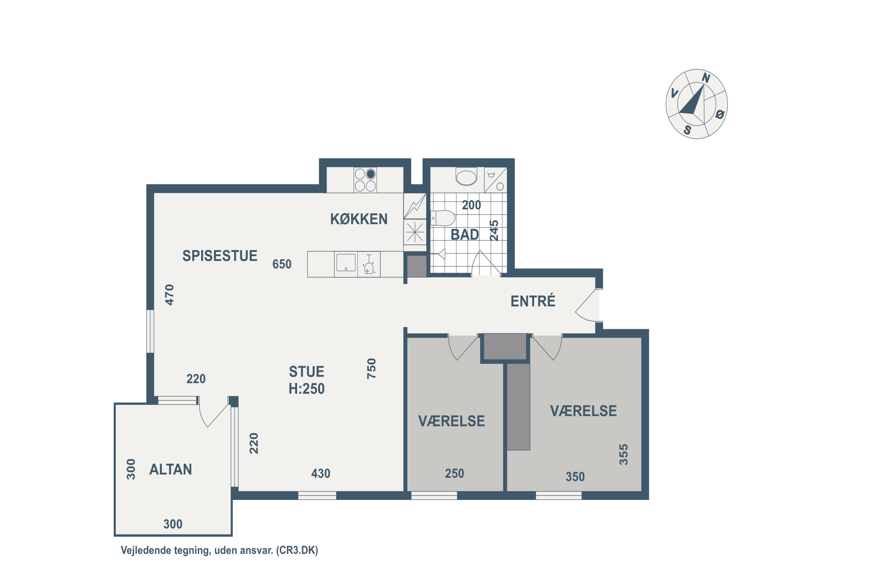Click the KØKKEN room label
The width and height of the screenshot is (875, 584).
pos(359,219)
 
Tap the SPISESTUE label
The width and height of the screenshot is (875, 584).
pos(220,256)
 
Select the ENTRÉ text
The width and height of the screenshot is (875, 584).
pos(533,301)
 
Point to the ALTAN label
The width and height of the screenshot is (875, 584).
pos(171,469)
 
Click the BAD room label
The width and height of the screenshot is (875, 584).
pos(465,235)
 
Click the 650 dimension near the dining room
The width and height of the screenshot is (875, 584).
pos(282,264)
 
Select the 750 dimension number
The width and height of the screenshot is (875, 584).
pos(372,369)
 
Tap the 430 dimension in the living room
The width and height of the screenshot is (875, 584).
pos(321,473)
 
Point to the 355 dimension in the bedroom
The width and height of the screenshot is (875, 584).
pos(624,454)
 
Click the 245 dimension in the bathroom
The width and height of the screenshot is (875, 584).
pos(494,231)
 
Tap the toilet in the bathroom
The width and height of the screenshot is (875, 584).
pos(443,218)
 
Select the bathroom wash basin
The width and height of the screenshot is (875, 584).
pos(466,177)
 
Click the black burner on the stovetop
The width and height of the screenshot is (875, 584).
pos(370,174)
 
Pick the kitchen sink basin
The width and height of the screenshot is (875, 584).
pos(346,262)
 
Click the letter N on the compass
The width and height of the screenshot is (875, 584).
pos(706,78)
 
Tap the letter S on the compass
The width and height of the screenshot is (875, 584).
pos(687,130)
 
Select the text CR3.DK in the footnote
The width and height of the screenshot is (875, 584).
pos(297,550)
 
